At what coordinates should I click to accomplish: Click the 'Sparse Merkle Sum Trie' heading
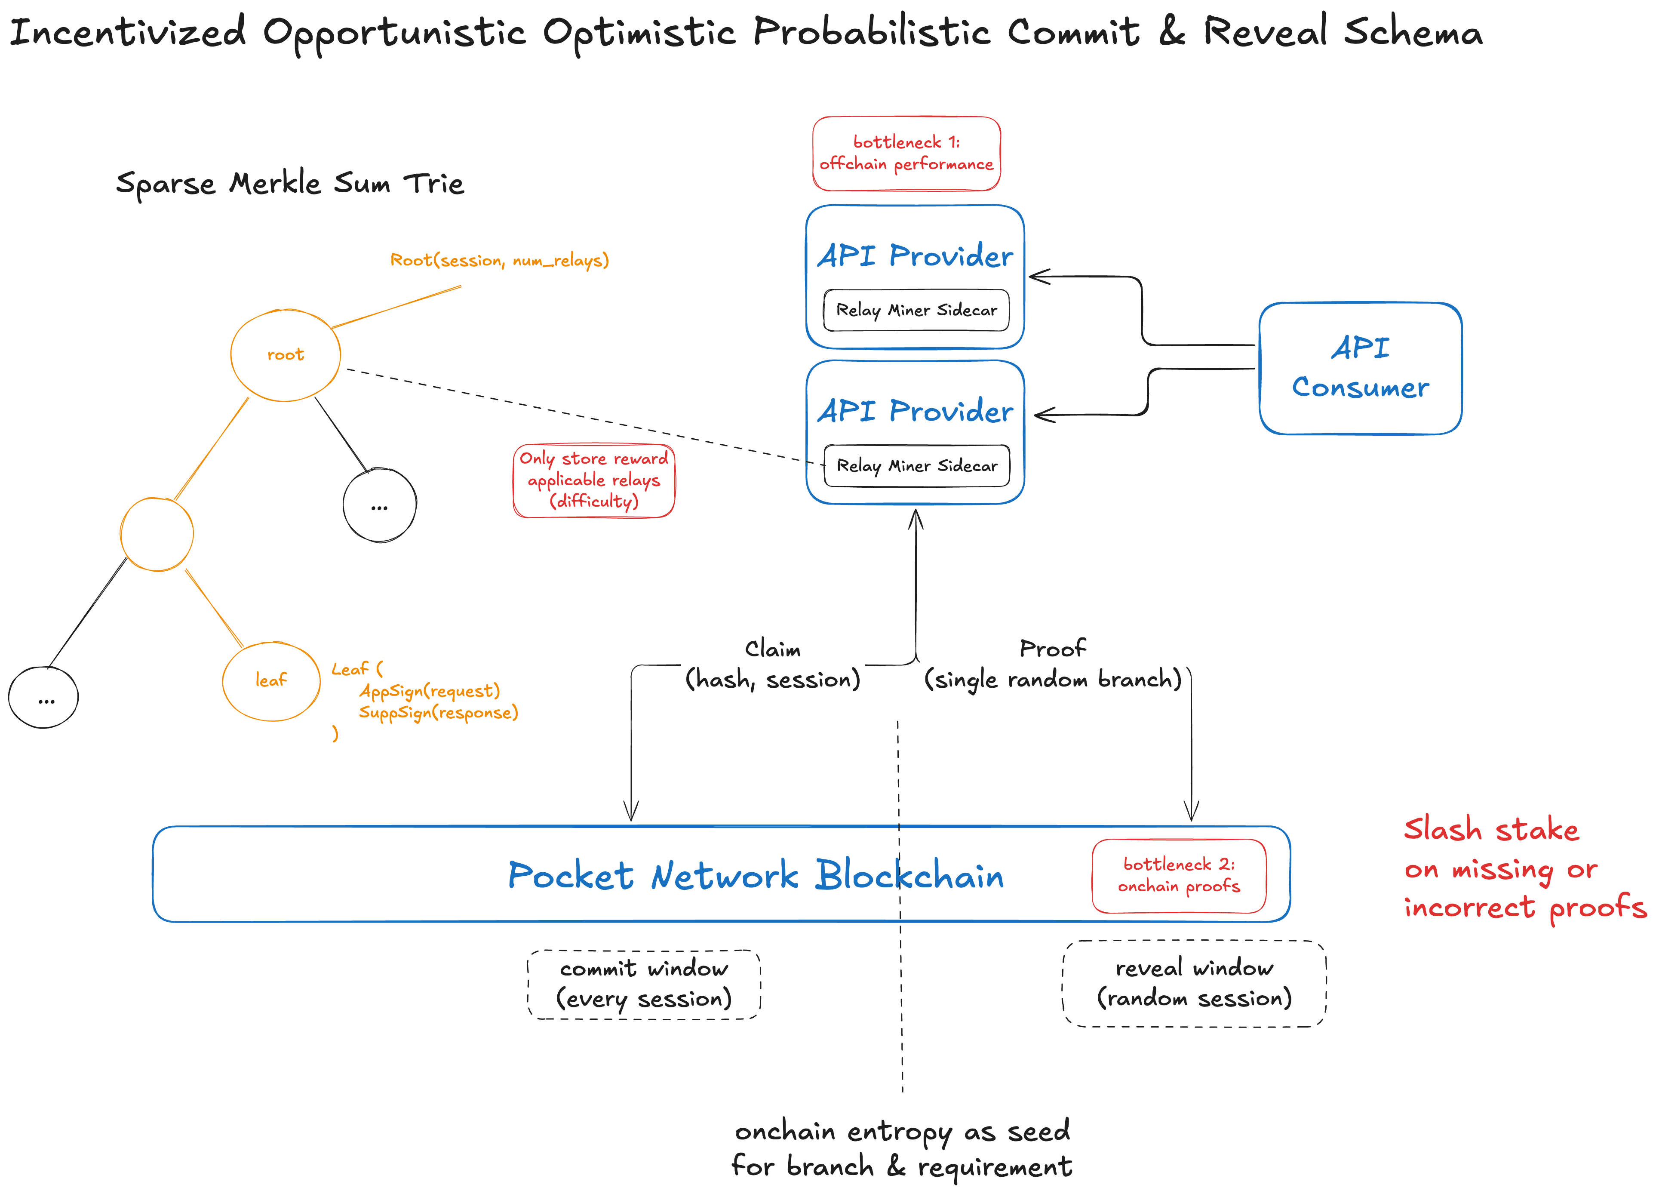coord(290,183)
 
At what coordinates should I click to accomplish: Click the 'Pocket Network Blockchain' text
coord(756,875)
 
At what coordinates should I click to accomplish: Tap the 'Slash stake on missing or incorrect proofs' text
coord(1524,868)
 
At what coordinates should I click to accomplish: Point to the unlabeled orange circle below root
coord(121,535)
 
